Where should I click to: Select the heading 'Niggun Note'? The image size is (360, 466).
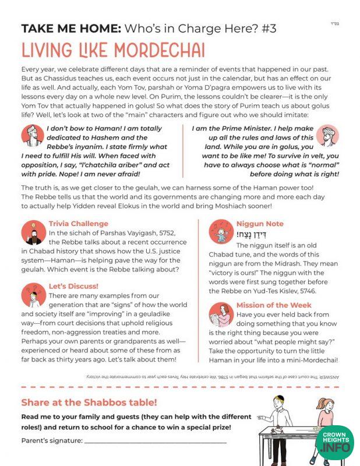[x=260, y=224]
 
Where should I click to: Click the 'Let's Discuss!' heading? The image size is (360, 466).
[x=73, y=286]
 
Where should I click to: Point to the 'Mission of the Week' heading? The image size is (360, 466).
[x=274, y=305]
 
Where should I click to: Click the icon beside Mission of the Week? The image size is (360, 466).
[x=221, y=315]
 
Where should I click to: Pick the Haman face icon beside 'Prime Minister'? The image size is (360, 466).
[x=328, y=136]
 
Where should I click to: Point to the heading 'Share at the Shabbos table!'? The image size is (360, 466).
[x=89, y=403]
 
